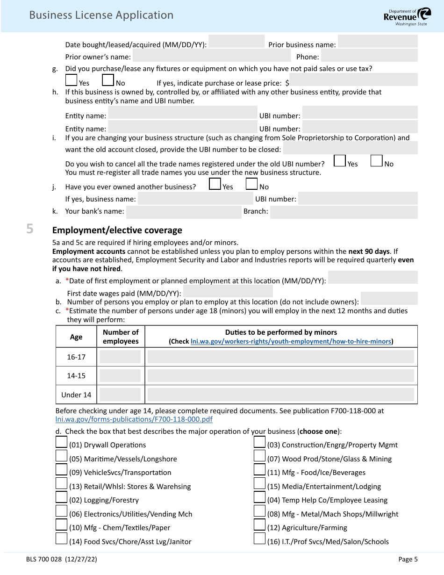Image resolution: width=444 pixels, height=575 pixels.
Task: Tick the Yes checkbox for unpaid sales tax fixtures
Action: [72, 80]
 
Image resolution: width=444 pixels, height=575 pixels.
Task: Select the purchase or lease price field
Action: [353, 80]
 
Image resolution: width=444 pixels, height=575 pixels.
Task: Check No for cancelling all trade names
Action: [376, 161]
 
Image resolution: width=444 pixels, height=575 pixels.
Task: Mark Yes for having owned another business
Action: [215, 184]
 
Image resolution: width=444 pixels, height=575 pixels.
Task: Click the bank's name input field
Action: [183, 212]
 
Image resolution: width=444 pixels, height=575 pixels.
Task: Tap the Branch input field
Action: [344, 212]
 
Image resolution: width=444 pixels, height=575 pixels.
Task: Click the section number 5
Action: [30, 229]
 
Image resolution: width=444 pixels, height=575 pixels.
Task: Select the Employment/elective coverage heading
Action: [117, 230]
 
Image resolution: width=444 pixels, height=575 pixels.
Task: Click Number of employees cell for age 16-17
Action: [120, 357]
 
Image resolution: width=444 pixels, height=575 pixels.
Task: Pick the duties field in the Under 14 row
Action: [280, 395]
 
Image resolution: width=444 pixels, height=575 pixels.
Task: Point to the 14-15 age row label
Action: [76, 376]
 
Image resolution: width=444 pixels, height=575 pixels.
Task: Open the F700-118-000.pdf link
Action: [134, 419]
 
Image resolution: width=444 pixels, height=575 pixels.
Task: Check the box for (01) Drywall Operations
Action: [61, 442]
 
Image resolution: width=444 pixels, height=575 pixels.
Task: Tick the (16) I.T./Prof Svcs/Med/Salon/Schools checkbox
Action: [259, 539]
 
